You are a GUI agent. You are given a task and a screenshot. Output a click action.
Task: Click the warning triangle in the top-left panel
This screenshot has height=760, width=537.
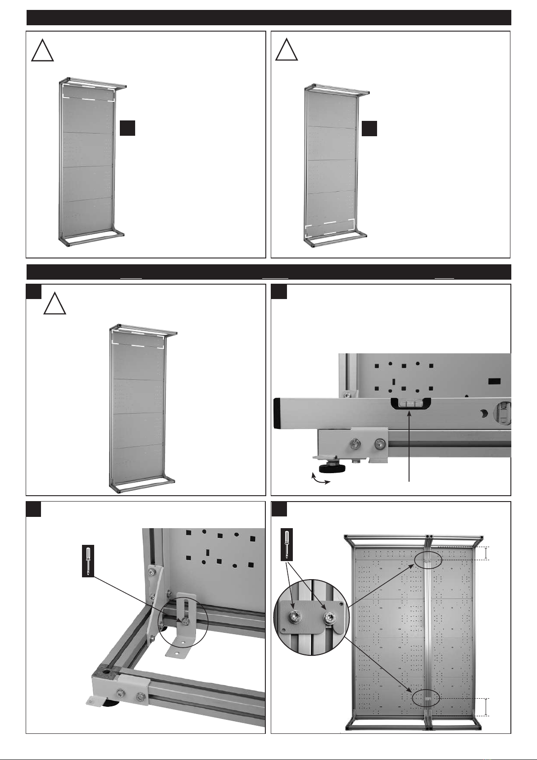pos(43,51)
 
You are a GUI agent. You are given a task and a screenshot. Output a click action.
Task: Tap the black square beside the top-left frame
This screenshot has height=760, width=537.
pos(128,128)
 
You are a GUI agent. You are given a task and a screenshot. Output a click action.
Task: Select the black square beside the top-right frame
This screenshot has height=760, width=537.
pos(369,128)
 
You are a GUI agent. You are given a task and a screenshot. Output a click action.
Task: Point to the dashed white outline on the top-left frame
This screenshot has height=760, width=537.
pos(88,91)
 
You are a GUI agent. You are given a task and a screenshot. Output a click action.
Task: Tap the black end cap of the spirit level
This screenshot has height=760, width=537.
pos(278,413)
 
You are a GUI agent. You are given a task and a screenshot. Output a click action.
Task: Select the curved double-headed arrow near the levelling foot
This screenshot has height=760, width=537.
pos(320,479)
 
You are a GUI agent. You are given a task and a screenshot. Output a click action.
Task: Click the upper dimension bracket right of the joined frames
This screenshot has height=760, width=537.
pos(485,553)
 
